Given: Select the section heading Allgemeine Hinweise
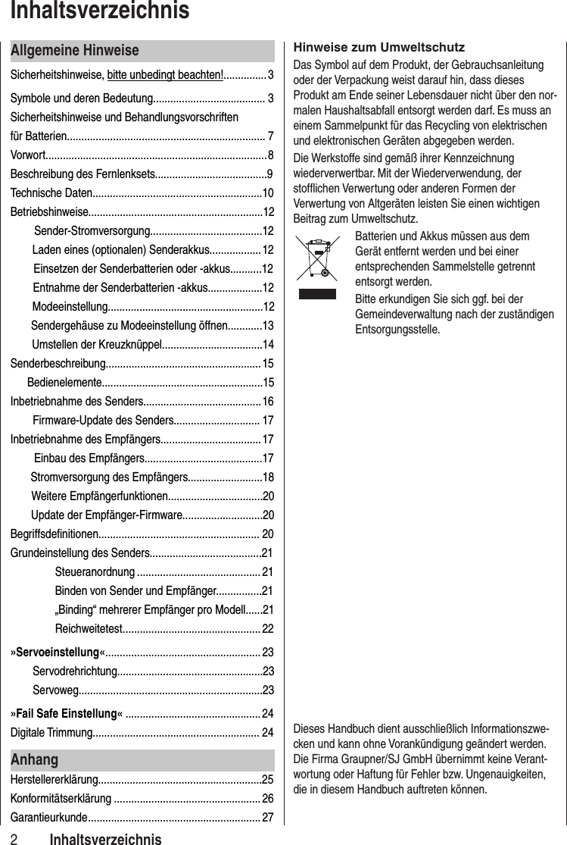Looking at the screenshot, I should tap(75, 51).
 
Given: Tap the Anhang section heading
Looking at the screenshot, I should tap(34, 759).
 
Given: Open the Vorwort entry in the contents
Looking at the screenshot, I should tap(28, 156).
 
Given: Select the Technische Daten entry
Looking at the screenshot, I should tap(51, 192).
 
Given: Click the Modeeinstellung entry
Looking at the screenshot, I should tap(70, 306).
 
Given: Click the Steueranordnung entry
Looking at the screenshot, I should tap(95, 571).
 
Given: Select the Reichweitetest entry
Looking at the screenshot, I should tap(89, 628).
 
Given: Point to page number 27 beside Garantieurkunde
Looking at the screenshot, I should tap(267, 817).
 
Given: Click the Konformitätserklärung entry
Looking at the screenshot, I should tap(61, 797).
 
